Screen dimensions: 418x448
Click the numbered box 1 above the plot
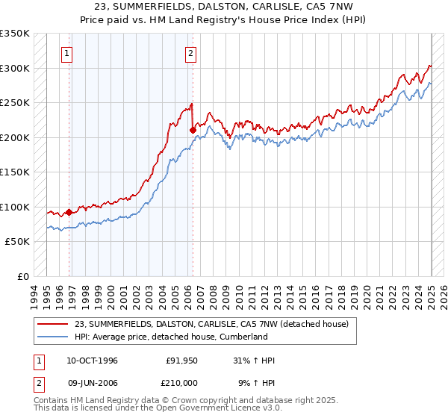coord(67,53)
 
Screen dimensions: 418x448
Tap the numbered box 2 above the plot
coord(191,53)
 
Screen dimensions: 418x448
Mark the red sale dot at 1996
coord(69,212)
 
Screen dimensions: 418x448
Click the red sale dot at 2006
coord(193,130)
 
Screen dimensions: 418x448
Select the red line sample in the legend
coord(53,324)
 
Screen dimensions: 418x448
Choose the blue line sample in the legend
coord(53,337)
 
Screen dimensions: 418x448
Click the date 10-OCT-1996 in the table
coord(91,361)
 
